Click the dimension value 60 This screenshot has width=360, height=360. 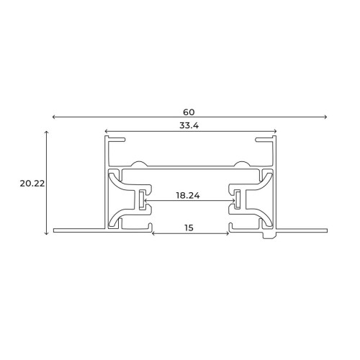click(189, 112)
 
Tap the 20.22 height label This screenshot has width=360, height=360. click(32, 183)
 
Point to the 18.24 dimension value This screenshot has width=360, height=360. click(189, 195)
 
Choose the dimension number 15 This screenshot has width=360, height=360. click(189, 228)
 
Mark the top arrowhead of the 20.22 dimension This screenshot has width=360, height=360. click(48, 133)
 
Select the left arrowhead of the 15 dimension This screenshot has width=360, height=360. click(153, 233)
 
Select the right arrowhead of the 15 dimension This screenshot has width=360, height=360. click(228, 233)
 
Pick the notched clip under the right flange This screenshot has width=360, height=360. click(269, 235)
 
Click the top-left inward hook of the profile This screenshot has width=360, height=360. click(118, 138)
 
